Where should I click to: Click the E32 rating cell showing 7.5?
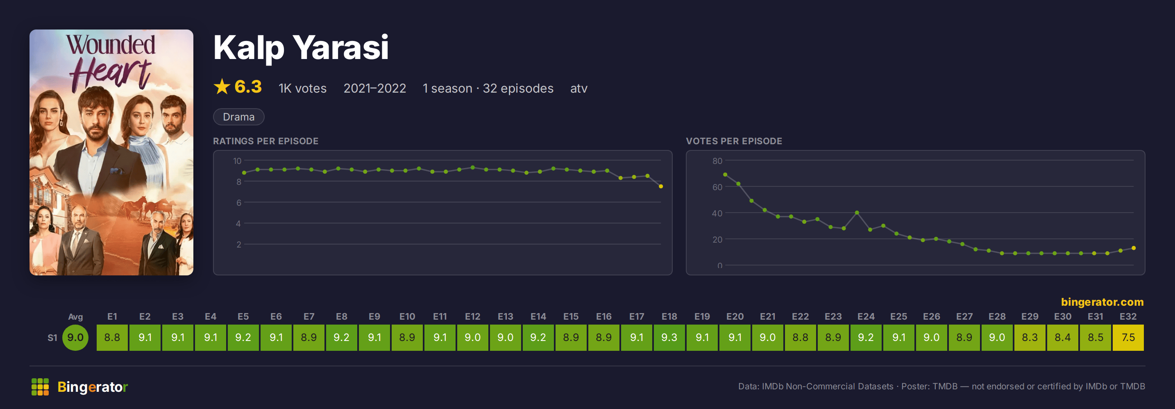coord(1128,337)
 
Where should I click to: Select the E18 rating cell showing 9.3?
coord(669,337)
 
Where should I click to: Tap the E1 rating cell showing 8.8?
coord(112,337)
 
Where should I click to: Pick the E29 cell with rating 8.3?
coord(1030,337)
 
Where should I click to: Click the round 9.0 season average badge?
coord(75,337)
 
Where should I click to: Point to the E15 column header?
coord(571,316)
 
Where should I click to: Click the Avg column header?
coord(75,317)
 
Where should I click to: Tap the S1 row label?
coord(52,338)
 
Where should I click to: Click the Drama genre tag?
coord(238,117)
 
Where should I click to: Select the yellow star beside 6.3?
coord(222,86)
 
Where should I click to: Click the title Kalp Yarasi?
coord(301,48)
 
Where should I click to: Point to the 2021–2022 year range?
coord(374,88)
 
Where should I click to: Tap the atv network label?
coord(578,89)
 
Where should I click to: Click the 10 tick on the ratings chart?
coord(237,161)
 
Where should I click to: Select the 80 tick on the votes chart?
coord(717,161)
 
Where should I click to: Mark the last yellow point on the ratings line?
coord(660,186)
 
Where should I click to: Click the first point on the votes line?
coord(725,174)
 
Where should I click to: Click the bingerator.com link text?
coord(1102,302)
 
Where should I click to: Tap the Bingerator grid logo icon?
coord(40,386)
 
